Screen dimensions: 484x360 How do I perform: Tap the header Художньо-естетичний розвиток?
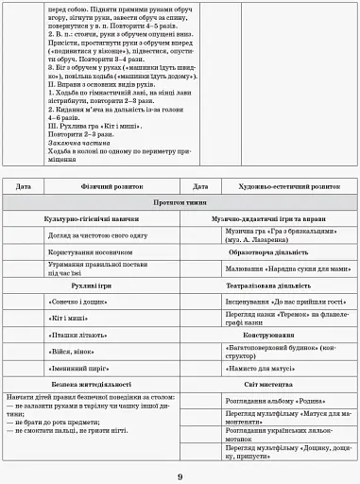click(274, 187)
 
